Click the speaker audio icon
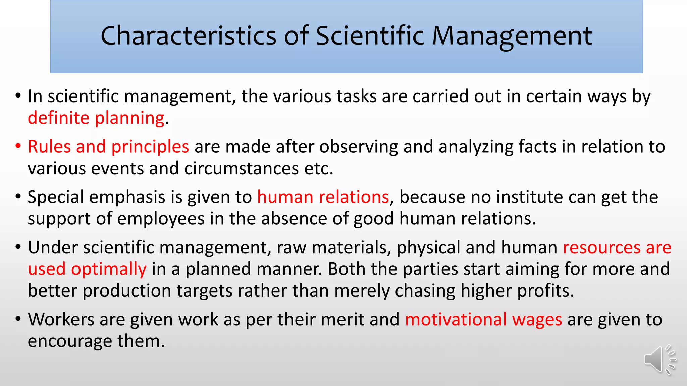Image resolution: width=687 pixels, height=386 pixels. coord(659,360)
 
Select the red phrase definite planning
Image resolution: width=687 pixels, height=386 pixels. coord(96,118)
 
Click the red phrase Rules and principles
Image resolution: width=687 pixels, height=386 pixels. coord(108,147)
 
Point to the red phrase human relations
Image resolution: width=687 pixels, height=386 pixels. coord(323,197)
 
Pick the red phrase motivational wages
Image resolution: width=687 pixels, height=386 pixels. coord(483,319)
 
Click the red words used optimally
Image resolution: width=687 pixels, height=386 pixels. coord(87,269)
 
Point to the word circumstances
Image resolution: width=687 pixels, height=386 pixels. coord(241,168)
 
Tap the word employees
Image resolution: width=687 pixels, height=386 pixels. coord(161,219)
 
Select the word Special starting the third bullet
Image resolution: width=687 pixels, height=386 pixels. coord(56,197)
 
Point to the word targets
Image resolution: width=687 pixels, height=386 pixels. coord(205,291)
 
